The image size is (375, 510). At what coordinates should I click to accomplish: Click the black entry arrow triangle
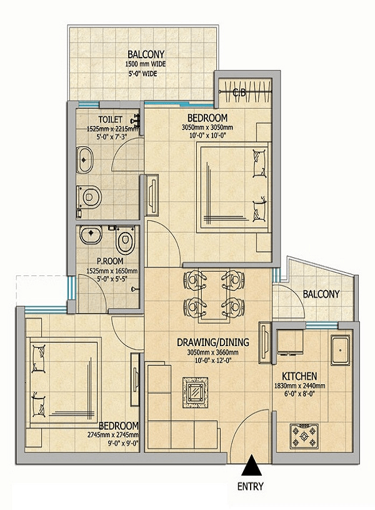click(251, 466)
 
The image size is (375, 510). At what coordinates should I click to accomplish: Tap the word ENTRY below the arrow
click(251, 487)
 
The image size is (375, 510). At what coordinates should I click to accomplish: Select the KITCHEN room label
click(299, 376)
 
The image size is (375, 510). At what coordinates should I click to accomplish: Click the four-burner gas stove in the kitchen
click(304, 436)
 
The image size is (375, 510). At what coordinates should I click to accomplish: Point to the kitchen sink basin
click(340, 350)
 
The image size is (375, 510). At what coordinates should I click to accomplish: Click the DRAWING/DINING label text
click(213, 342)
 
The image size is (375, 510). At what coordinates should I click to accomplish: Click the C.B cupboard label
click(239, 93)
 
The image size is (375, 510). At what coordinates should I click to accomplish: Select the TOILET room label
click(111, 120)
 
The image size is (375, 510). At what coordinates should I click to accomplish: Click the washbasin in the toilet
click(85, 160)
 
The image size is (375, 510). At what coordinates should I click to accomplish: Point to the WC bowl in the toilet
click(89, 196)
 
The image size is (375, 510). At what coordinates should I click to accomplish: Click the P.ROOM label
click(110, 260)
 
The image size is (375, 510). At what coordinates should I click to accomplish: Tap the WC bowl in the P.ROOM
click(125, 241)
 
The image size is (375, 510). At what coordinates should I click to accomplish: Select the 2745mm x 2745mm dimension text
click(112, 434)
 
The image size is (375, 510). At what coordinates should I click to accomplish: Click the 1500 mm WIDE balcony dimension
click(146, 64)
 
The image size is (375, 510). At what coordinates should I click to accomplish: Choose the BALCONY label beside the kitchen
click(321, 294)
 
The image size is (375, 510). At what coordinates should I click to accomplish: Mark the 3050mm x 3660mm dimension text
click(212, 352)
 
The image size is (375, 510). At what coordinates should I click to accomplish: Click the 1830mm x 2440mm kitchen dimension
click(299, 386)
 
